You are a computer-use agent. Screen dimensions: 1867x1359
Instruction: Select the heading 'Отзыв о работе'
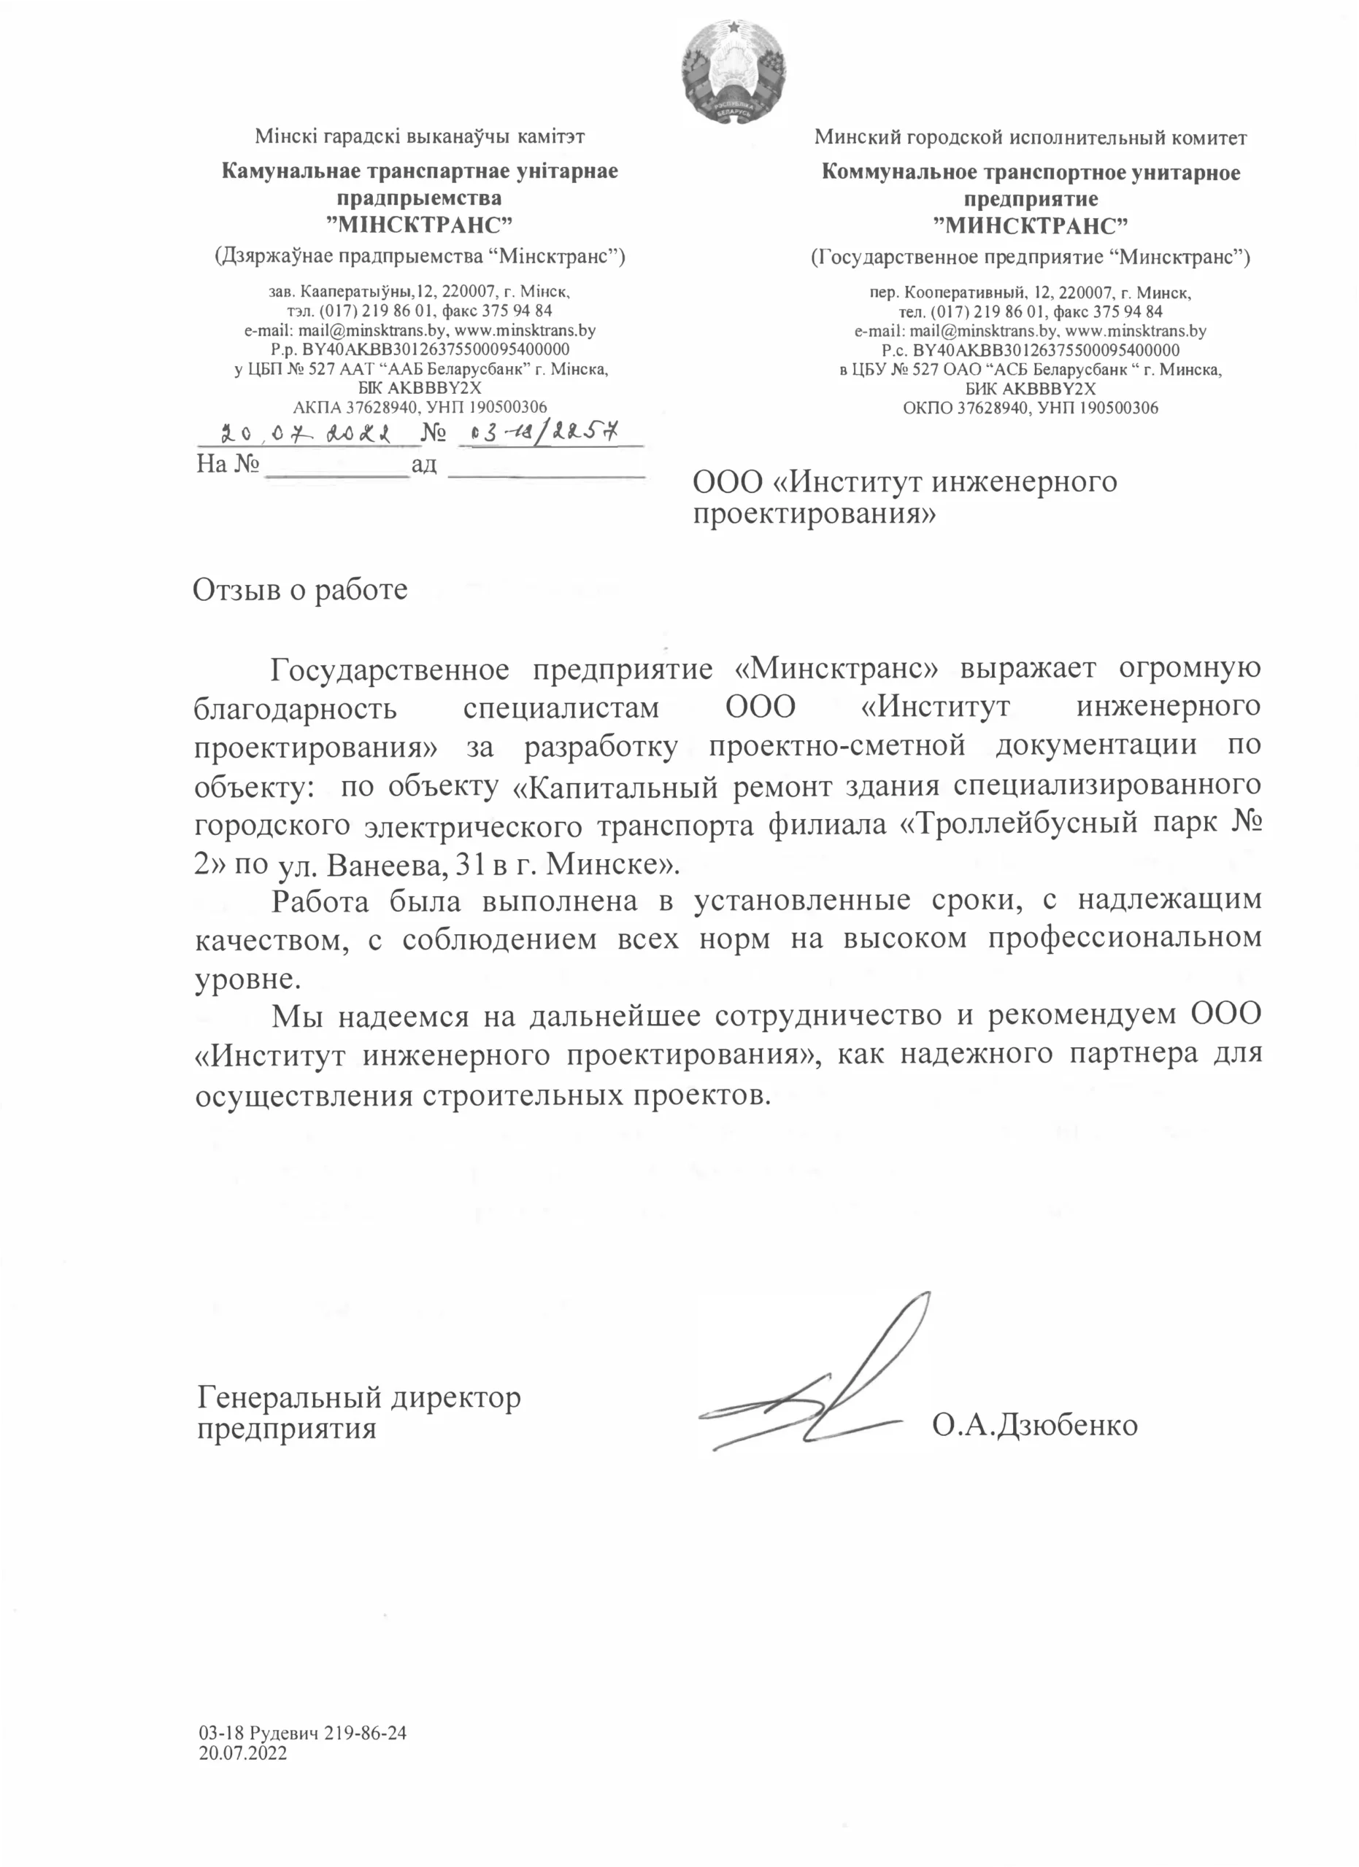pyautogui.click(x=300, y=590)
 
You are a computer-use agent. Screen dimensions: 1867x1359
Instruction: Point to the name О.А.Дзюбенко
pyautogui.click(x=1034, y=1424)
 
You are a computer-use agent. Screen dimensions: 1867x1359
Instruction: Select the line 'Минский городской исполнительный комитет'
pyautogui.click(x=1031, y=138)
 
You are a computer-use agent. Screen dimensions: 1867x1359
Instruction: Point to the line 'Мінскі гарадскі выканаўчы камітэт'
pyautogui.click(x=420, y=136)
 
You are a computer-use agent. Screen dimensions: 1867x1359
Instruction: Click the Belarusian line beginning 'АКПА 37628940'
pyautogui.click(x=420, y=407)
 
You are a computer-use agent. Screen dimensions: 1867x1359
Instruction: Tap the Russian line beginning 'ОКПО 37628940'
pyautogui.click(x=1031, y=408)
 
